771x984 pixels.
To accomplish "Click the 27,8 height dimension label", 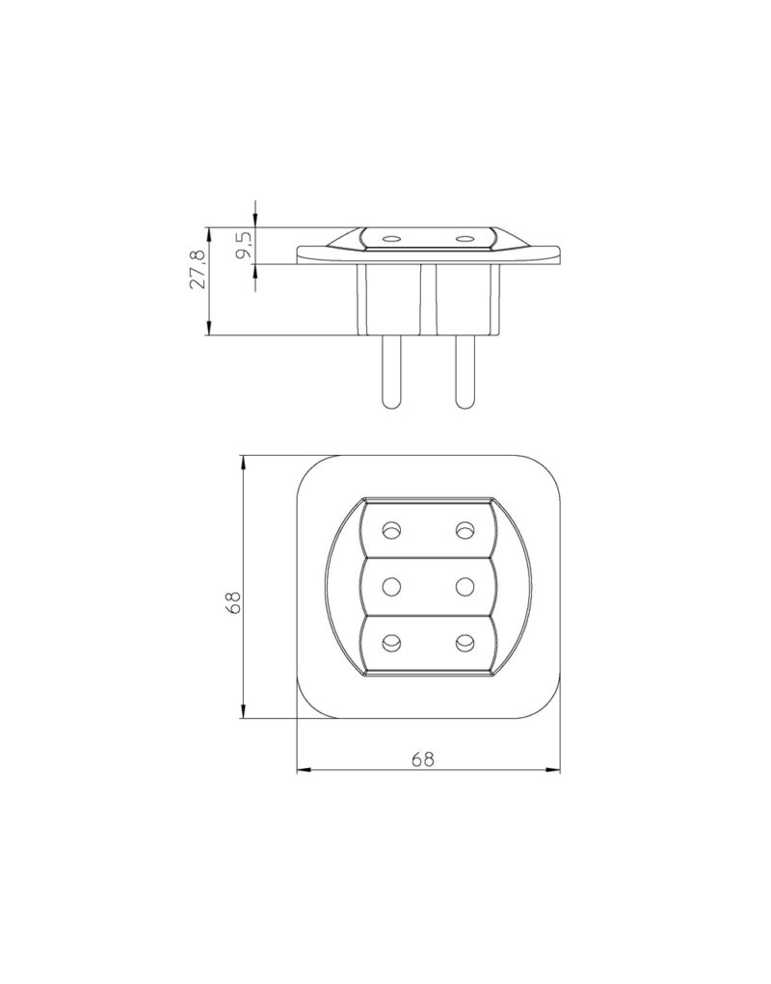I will (x=198, y=269).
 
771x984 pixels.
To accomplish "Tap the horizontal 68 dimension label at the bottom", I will (x=422, y=758).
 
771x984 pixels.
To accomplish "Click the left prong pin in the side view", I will (x=391, y=371).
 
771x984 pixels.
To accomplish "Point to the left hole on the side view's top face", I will (x=391, y=237).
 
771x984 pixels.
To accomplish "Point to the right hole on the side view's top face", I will (x=464, y=237).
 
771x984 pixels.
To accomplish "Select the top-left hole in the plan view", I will (x=391, y=529).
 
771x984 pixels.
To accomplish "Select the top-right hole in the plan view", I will (x=465, y=529).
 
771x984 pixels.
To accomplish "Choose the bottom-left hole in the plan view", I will (x=391, y=641).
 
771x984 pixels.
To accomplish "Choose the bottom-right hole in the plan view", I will (x=465, y=641).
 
